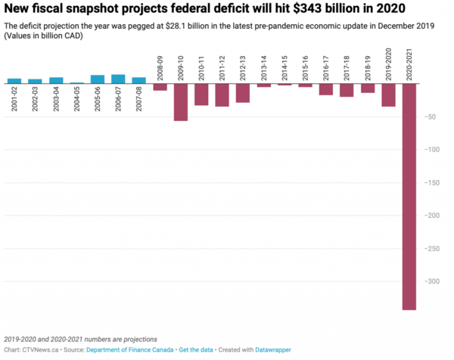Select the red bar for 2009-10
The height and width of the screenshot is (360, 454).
point(180,102)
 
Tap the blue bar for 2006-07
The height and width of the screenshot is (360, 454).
point(118,79)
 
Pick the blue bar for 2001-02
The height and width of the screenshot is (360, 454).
point(14,80)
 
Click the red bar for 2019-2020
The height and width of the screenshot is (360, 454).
point(388,95)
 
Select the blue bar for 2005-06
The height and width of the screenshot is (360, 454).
point(98,79)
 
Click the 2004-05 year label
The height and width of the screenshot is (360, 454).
point(76,98)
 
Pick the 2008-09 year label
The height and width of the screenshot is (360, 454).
point(160,68)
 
